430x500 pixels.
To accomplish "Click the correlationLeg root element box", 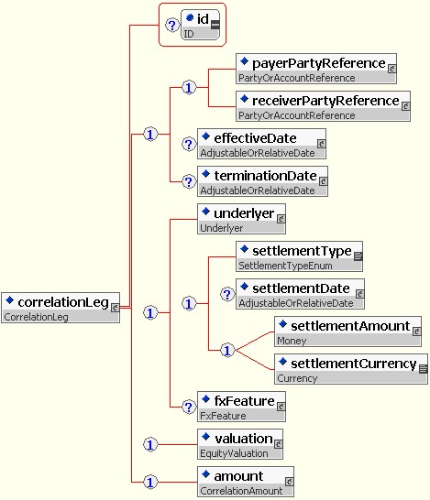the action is tap(61, 308).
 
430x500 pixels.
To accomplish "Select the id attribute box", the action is tap(201, 25).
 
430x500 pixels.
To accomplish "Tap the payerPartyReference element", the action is tap(316, 69).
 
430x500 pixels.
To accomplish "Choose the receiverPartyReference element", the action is tap(323, 106).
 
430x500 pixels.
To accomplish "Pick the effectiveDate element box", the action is tap(262, 144).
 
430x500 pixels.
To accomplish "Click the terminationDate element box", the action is tap(262, 181).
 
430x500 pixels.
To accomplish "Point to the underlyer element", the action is tap(241, 219).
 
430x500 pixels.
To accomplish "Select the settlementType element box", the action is tap(299, 256).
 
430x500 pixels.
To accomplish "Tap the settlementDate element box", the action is tap(300, 294).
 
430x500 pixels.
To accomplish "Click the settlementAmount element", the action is tap(348, 332).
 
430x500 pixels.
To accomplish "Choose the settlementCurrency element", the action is tap(351, 369).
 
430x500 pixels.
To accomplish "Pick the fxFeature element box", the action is tap(241, 407).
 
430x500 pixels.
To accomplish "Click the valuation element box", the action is tap(240, 444).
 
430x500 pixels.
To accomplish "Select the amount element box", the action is tap(246, 482).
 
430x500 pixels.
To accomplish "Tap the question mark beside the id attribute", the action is tap(172, 26).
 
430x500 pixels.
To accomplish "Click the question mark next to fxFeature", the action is tap(189, 407).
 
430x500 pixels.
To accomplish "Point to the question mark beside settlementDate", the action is tap(227, 294).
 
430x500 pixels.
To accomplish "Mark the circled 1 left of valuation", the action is tap(150, 444).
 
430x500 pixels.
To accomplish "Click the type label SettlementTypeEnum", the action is tap(285, 266).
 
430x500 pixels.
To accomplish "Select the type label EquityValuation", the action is tap(234, 453).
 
